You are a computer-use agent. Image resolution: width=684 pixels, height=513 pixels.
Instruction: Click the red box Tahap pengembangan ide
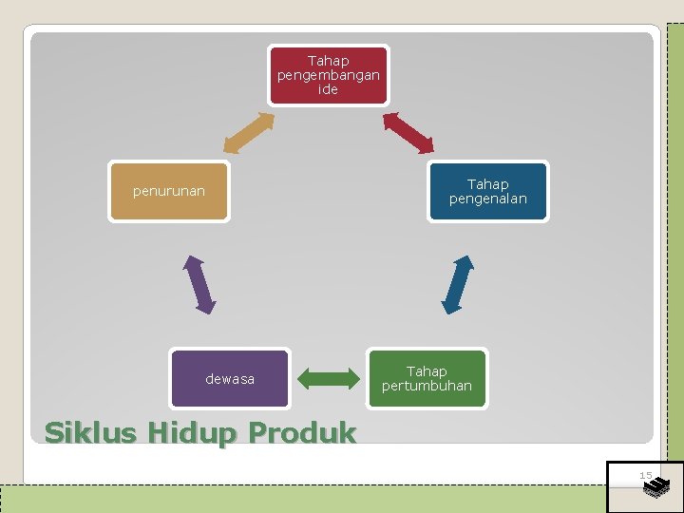tap(328, 75)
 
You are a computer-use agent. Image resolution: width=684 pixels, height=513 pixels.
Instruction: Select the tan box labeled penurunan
tap(168, 192)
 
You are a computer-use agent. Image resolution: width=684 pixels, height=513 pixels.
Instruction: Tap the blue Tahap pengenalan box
tap(487, 192)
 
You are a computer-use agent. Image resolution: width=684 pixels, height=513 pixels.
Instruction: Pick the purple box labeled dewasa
tap(230, 379)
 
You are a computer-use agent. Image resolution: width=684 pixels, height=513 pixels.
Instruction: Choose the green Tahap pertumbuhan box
tap(427, 379)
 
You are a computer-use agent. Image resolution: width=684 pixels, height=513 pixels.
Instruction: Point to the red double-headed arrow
tap(408, 132)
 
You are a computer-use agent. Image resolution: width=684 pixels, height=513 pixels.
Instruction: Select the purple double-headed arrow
tap(200, 283)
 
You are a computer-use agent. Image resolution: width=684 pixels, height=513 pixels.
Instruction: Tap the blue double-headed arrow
tap(457, 284)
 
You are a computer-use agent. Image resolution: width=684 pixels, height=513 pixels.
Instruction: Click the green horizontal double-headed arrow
tap(327, 378)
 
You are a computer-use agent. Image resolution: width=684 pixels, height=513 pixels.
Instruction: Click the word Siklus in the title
tap(90, 433)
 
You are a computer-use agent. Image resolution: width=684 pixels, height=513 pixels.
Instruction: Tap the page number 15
tap(645, 475)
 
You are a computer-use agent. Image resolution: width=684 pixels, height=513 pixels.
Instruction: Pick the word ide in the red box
tap(328, 89)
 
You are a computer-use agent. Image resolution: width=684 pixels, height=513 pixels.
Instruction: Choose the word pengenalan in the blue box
tap(487, 199)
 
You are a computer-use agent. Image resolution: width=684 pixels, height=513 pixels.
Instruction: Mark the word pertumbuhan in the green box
tap(427, 386)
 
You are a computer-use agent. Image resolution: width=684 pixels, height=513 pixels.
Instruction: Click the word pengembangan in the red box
tap(328, 75)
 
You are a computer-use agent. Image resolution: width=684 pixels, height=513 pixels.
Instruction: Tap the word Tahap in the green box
tap(427, 371)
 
